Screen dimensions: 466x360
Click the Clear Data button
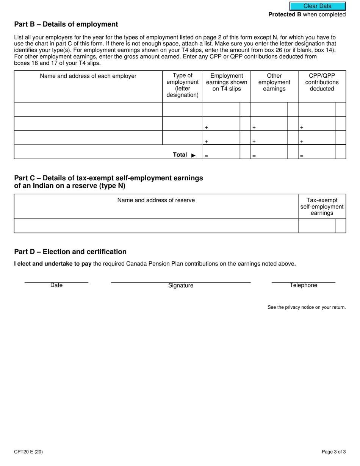[x=318, y=6]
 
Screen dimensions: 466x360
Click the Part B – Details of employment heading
[x=66, y=24]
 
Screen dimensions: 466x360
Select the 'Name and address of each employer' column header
[x=88, y=76]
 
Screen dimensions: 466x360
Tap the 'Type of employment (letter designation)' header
[x=182, y=85]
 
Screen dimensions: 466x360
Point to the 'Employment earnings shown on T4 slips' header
[x=226, y=82]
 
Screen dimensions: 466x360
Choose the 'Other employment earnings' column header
[x=274, y=82]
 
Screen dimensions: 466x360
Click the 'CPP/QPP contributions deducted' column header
[x=322, y=82]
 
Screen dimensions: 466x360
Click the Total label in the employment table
[x=180, y=155]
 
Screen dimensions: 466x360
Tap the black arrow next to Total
[x=193, y=155]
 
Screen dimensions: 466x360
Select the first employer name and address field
[x=88, y=109]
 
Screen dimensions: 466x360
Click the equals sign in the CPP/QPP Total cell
[x=302, y=156]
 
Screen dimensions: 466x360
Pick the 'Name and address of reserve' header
[x=156, y=200]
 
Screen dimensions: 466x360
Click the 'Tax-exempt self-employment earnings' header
[x=322, y=206]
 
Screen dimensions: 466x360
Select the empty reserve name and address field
[x=156, y=226]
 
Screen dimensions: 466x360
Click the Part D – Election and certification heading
[x=70, y=252]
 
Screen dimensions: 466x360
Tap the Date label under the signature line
[x=56, y=285]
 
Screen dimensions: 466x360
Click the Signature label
[x=181, y=286]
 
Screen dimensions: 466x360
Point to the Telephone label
[x=303, y=285]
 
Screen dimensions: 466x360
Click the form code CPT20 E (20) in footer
[x=28, y=452]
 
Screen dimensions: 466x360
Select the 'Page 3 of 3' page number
[x=333, y=452]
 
